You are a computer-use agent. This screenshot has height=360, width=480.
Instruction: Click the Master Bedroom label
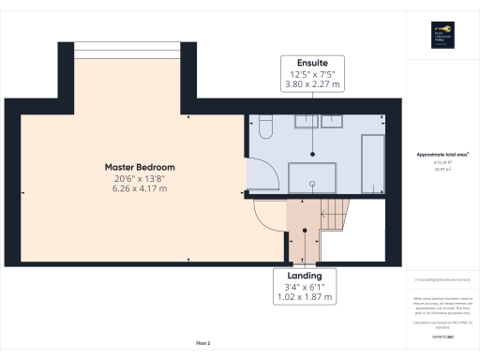[140, 167]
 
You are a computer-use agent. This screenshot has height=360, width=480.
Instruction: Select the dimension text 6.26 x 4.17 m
[140, 188]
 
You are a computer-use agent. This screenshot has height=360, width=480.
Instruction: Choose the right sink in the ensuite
[333, 120]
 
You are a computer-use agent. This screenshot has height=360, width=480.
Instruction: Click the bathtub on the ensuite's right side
[372, 157]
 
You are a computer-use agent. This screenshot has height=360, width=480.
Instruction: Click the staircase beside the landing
[333, 215]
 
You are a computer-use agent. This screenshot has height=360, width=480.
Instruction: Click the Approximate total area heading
[442, 155]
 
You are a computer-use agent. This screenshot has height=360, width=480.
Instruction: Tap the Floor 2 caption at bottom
[203, 344]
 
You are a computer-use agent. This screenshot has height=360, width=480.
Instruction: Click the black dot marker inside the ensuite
[313, 154]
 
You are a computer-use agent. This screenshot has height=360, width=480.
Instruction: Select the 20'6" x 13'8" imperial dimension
[140, 178]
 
